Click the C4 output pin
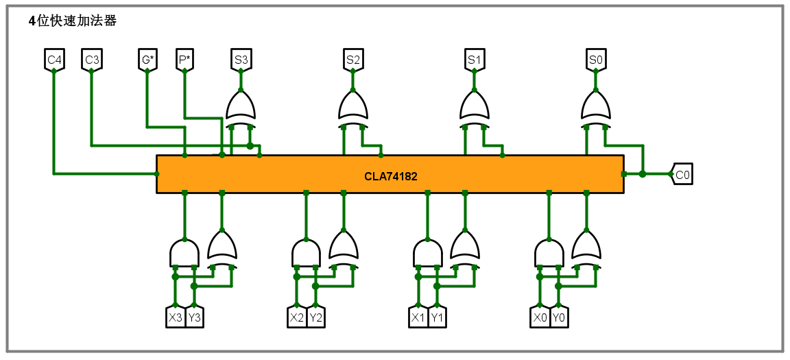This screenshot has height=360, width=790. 54,60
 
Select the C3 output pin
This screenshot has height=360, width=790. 92,60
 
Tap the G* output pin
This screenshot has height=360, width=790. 147,60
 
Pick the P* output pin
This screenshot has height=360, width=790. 184,60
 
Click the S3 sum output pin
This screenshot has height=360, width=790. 241,60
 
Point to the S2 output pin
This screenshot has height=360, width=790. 353,60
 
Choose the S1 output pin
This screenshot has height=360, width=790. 475,60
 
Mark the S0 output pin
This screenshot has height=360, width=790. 596,60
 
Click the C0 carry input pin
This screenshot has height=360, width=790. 682,175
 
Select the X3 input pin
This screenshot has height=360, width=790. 176,318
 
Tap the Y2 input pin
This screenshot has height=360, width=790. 315,318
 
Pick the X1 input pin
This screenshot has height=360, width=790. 418,318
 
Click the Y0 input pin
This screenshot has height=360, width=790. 559,318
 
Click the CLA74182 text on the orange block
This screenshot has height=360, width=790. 391,176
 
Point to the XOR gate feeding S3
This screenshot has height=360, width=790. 241,108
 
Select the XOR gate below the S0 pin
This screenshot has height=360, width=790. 596,108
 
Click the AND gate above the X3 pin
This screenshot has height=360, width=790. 184,252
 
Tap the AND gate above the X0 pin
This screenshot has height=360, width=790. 549,252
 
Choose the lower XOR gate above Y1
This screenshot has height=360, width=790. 465,248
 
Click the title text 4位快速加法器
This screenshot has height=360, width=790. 73,21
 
